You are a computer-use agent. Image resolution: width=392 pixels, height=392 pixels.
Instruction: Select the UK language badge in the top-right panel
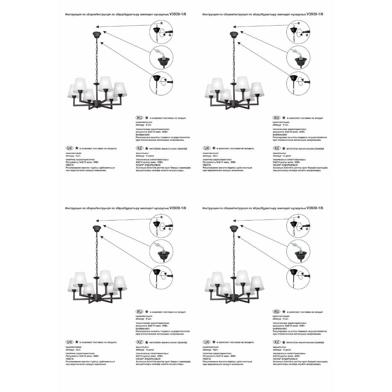click(206, 148)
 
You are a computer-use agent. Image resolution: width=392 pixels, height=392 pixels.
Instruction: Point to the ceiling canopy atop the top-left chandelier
click(96, 34)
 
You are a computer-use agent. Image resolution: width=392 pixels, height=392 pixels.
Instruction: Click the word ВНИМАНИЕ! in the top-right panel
click(280, 135)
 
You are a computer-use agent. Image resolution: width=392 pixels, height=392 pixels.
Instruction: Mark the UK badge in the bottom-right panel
click(206, 342)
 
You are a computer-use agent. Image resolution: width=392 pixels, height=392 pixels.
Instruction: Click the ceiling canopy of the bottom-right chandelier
click(234, 228)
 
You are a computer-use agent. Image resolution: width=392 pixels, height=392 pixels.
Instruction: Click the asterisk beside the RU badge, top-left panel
click(147, 118)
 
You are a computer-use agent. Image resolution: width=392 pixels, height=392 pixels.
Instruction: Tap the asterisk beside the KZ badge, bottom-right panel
click(284, 342)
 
